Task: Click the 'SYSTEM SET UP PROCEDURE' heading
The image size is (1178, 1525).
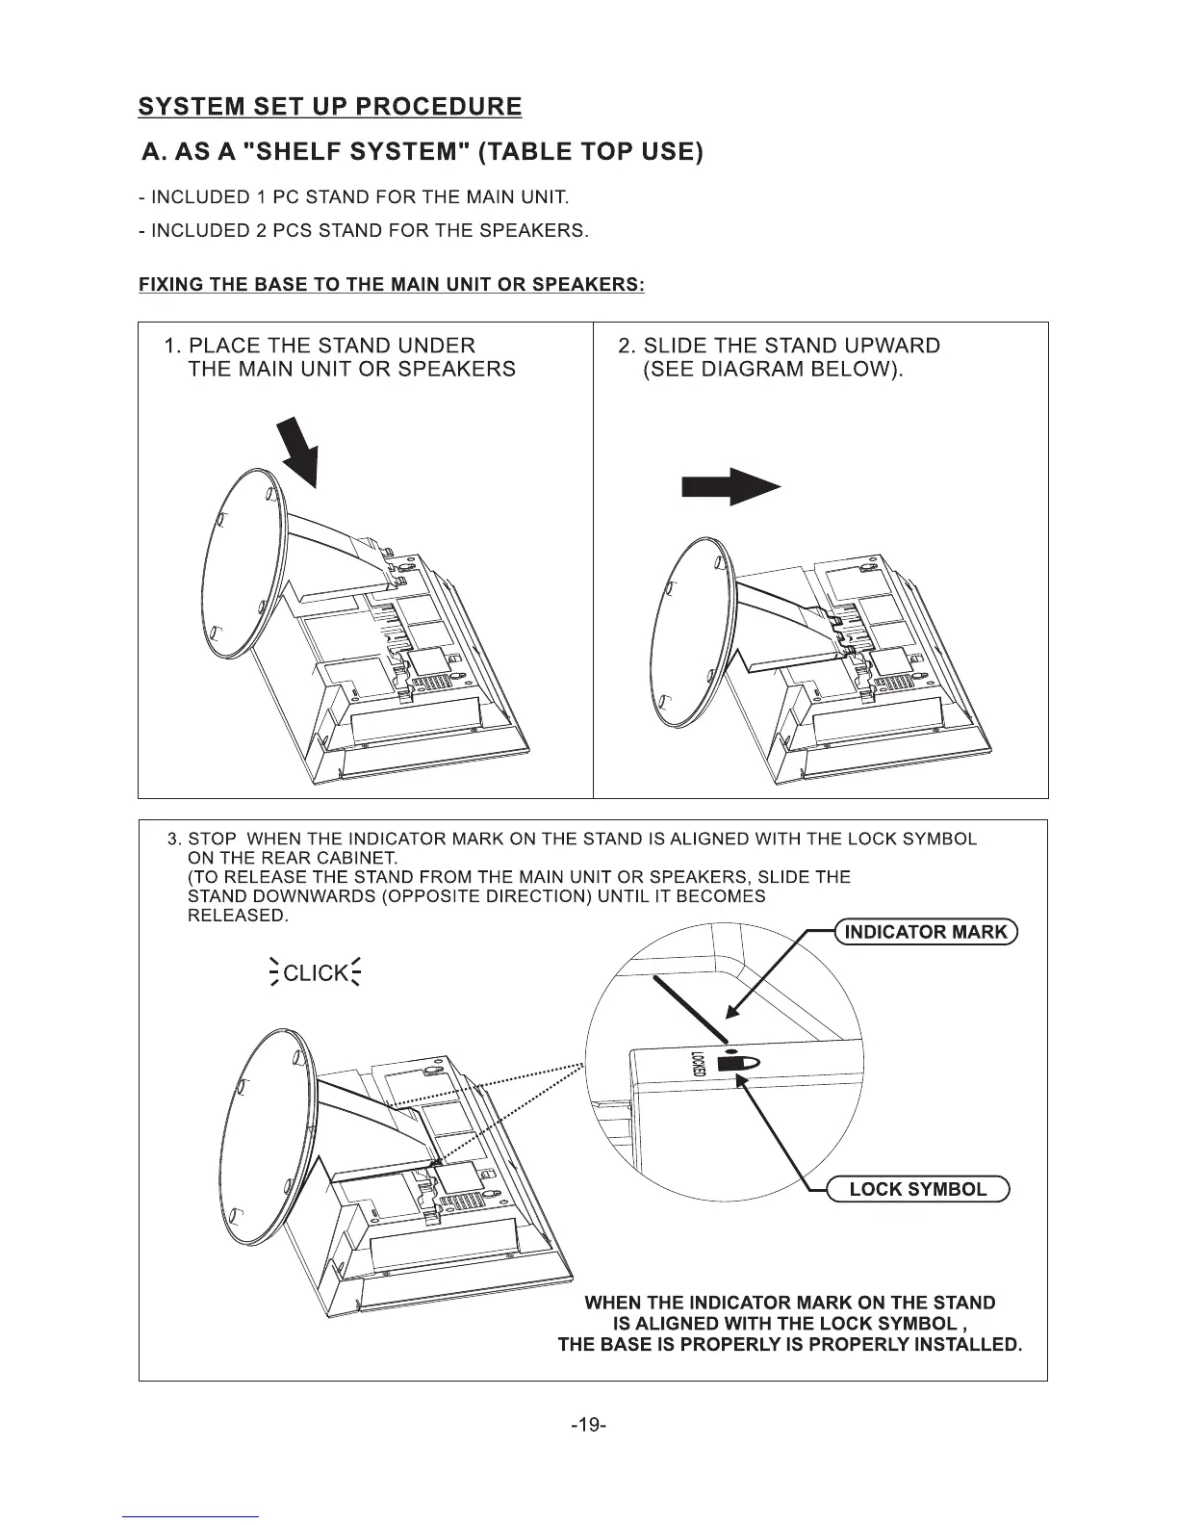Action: coord(330,106)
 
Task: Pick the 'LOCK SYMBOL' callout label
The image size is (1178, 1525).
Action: coord(917,1189)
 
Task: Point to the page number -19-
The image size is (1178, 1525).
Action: coord(588,1424)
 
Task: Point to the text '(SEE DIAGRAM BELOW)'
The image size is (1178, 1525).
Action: coord(774,370)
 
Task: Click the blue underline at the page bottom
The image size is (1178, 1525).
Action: coord(192,1516)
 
